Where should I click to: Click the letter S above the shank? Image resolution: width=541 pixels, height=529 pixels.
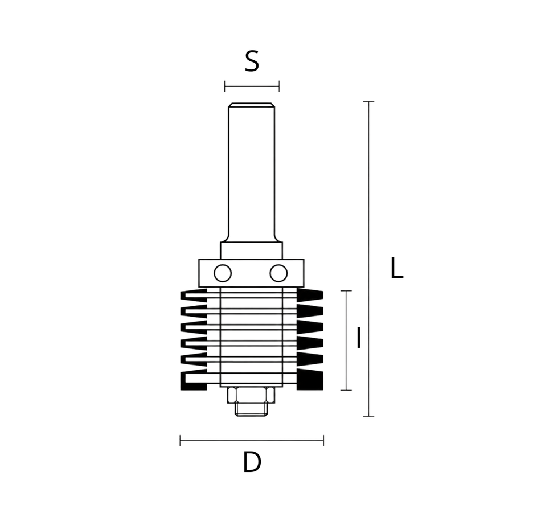[x=252, y=61]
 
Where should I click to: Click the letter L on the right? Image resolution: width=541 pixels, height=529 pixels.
[x=396, y=268]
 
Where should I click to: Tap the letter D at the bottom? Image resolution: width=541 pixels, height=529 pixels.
[x=252, y=462]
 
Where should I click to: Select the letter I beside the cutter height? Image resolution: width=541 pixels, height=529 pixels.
[x=359, y=338]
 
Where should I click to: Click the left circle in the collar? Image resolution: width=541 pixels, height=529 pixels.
[x=223, y=273]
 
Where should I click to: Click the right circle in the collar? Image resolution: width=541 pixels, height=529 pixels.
[x=278, y=273]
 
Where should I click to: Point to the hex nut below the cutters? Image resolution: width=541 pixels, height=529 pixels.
[x=251, y=395]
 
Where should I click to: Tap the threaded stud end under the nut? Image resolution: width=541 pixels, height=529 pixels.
[x=251, y=409]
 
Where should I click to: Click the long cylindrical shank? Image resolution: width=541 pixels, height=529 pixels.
[x=252, y=173]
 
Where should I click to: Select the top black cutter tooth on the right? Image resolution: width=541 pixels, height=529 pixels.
[x=310, y=295]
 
